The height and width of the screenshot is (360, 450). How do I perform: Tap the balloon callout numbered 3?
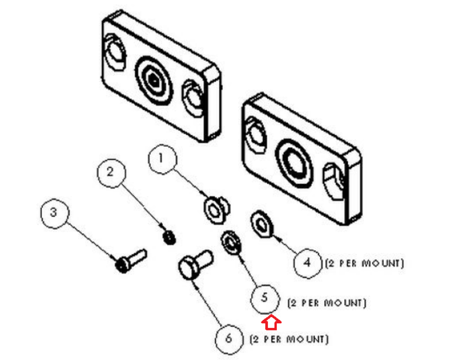55,214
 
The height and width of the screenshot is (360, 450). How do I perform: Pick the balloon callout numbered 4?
307,263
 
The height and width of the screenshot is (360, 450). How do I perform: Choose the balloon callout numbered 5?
265,298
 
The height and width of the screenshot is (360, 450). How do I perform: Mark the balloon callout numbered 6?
229,339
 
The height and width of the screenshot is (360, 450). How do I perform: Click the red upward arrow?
271,322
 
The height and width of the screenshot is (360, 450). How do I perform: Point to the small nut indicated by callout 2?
169,237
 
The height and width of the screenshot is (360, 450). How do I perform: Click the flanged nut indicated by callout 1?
216,209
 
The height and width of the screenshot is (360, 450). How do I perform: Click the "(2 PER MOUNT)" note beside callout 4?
365,263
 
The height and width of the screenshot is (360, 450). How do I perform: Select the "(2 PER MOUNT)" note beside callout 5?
327,303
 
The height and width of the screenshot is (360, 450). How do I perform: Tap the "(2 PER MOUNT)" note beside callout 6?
289,339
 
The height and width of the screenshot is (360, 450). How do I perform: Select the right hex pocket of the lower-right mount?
333,181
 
